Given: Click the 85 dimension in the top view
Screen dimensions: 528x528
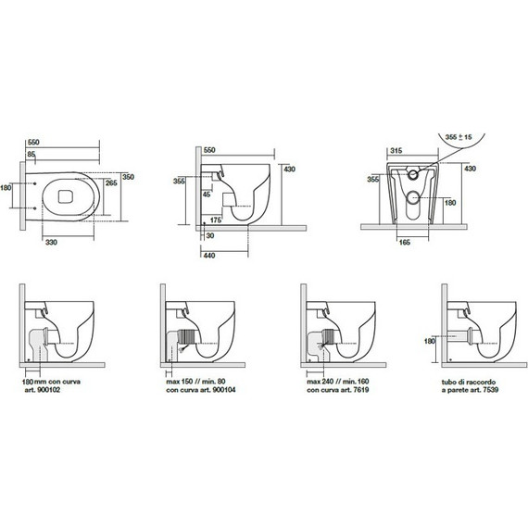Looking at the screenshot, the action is coord(31,154).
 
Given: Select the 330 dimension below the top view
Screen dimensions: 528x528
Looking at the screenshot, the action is coord(51,242).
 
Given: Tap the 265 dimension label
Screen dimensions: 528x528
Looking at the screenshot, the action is coord(111,182).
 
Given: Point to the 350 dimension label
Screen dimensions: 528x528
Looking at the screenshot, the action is coord(128,177).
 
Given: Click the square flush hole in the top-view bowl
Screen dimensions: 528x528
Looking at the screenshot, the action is coord(66,196).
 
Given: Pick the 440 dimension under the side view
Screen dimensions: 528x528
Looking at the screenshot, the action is coord(209,256).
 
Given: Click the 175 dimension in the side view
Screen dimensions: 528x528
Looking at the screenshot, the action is coord(216,220).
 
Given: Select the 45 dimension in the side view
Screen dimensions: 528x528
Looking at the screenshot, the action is coord(207,195).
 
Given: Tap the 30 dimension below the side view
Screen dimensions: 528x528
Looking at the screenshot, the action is coord(210,235).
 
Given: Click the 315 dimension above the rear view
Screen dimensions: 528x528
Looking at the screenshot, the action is coord(396,150).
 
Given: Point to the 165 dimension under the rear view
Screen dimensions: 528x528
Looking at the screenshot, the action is coord(404,242).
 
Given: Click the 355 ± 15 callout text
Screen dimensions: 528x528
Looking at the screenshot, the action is coord(459,137).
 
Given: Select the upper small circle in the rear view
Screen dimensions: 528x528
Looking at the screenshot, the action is coord(413,174).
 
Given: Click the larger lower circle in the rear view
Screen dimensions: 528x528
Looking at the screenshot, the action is coord(413,197).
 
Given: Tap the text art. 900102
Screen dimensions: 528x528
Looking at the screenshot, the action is coord(43,390).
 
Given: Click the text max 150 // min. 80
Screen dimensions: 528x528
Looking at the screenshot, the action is coord(195,382).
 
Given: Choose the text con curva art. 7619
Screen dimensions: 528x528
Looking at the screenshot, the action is coord(338,390).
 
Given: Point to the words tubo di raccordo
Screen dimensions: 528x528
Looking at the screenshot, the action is coord(469,383).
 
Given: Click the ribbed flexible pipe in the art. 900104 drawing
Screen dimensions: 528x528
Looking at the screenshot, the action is coord(188,337).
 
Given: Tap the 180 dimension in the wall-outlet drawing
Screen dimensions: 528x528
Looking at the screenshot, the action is coord(429,341).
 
